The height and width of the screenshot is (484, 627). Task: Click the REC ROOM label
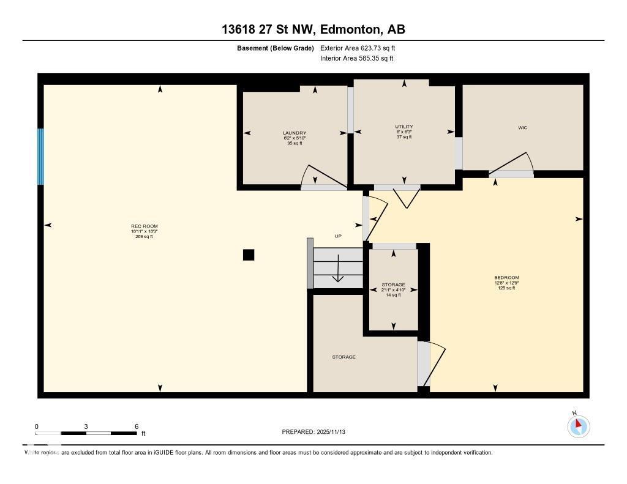tap(144, 226)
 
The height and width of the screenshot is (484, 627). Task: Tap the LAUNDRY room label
tap(295, 133)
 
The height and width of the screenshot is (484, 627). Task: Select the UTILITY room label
tap(404, 127)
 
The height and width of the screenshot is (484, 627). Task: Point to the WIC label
tap(522, 128)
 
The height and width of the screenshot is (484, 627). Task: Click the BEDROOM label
tap(506, 278)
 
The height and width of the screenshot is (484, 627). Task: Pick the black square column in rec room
tap(249, 255)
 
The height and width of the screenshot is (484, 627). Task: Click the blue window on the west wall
tap(41, 157)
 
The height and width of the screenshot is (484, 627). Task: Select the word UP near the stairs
tap(337, 236)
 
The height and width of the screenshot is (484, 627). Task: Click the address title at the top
tap(313, 29)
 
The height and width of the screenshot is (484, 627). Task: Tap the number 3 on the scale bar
tap(86, 426)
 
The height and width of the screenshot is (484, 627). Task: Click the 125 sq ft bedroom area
tap(506, 288)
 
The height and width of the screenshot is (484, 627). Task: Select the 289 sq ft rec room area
tap(144, 236)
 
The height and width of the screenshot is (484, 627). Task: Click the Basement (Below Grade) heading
tap(276, 48)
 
